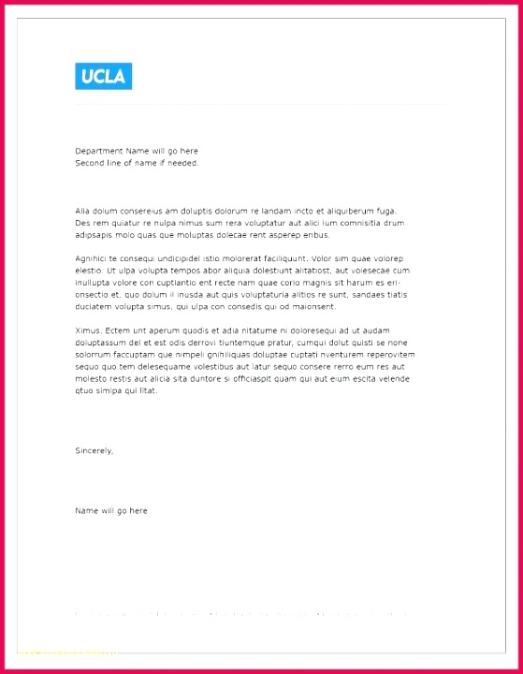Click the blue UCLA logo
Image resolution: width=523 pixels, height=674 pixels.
coord(103,76)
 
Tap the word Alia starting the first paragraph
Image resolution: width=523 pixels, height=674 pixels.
coord(83,211)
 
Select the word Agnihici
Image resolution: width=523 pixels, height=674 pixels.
coord(91,258)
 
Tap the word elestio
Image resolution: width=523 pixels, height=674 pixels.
coord(89,271)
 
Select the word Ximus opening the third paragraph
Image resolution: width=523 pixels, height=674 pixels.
coord(88,330)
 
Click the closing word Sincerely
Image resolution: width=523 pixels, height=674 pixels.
coord(94,450)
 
